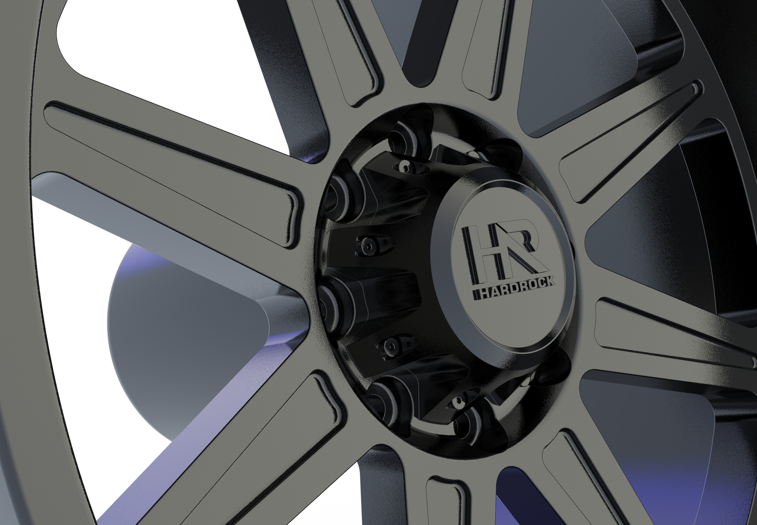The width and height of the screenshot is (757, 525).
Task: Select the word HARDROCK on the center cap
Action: (513, 290)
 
